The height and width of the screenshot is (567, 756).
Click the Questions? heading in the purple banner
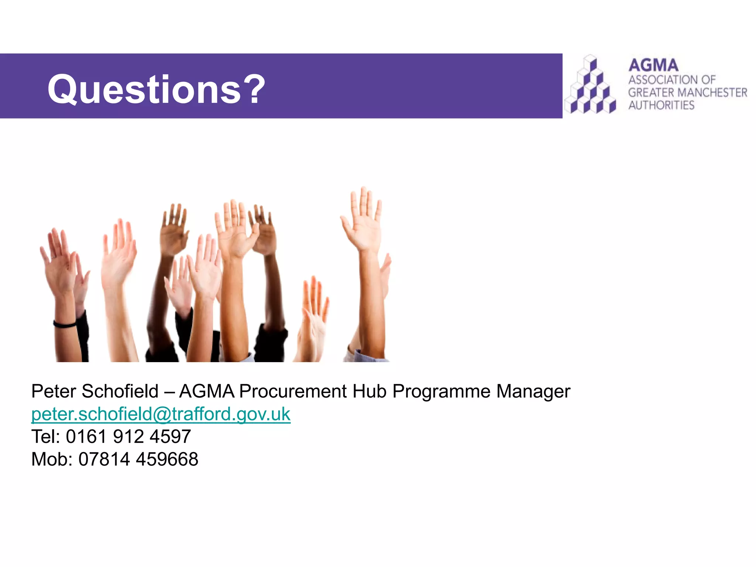157,89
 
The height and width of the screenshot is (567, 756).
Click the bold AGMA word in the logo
653,66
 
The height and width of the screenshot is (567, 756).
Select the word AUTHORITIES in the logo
661,105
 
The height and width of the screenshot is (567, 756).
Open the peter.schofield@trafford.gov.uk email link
161,414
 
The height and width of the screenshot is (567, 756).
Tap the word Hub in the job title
370,391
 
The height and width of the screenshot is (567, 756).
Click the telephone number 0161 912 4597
128,437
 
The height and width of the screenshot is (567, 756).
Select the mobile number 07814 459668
138,460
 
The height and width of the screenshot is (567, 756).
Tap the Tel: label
46,437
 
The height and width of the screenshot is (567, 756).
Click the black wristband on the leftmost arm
65,324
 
